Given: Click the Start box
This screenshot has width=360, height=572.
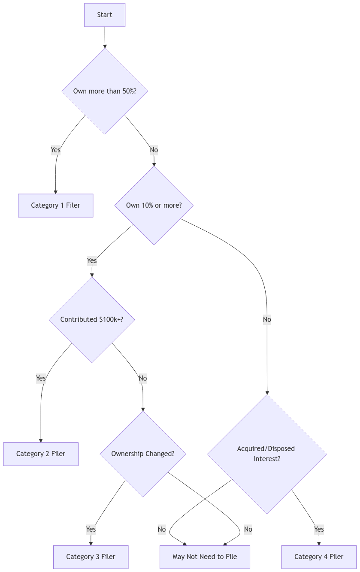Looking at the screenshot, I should coord(105,15).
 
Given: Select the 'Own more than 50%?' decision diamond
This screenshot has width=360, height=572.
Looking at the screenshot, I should coord(105,91).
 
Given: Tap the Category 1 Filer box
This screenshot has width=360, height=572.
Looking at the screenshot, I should coord(55,205).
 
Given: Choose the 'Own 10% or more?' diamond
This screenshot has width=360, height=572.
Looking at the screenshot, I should coord(154,205).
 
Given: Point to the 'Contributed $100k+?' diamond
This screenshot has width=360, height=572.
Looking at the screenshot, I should coord(92,319).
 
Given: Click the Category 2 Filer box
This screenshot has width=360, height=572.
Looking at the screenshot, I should coord(41,454).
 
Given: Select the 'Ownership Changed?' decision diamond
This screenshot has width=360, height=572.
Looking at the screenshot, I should coord(142,454).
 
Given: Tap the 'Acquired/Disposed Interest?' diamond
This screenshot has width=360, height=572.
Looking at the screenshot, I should coord(266,454).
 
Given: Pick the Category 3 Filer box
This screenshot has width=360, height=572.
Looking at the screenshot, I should coord(91,557).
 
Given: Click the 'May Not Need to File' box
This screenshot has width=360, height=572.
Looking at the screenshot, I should coord(205,557).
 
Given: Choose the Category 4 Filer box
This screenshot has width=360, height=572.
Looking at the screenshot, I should coord(318,557).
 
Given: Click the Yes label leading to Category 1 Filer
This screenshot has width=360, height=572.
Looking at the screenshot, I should coord(56,150).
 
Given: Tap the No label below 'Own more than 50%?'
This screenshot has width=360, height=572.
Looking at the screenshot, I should coord(154,150).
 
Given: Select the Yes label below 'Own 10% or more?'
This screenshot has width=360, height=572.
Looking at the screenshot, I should coord(92,260).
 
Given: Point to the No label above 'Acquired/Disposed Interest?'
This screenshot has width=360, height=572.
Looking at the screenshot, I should coord(267,319).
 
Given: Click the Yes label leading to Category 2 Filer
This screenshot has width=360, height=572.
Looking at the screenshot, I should coord(41,378).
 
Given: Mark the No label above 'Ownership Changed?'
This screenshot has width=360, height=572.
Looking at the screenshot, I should coord(142,378).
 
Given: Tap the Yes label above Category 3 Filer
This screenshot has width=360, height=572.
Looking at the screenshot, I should coord(91,529).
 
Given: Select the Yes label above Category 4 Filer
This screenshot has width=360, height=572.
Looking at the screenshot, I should coord(318,529).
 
